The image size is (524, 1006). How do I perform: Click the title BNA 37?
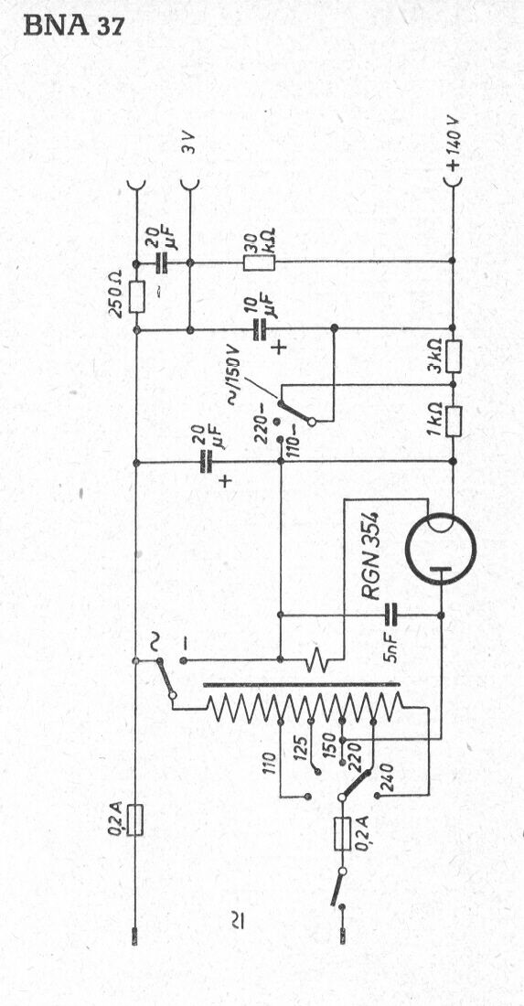click(74, 26)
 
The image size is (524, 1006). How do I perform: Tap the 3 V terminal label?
click(187, 142)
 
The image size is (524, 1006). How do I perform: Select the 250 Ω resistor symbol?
click(136, 296)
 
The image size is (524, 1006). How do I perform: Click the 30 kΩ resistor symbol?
click(259, 262)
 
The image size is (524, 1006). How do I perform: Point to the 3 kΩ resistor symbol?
click(453, 357)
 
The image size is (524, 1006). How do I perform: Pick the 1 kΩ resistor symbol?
click(453, 421)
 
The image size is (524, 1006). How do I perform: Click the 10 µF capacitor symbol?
click(260, 330)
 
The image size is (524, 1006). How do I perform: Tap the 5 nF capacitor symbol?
click(390, 615)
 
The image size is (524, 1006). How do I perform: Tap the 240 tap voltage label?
click(386, 777)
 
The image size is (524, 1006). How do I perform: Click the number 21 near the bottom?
click(237, 923)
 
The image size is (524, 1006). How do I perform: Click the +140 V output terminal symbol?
click(453, 183)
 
